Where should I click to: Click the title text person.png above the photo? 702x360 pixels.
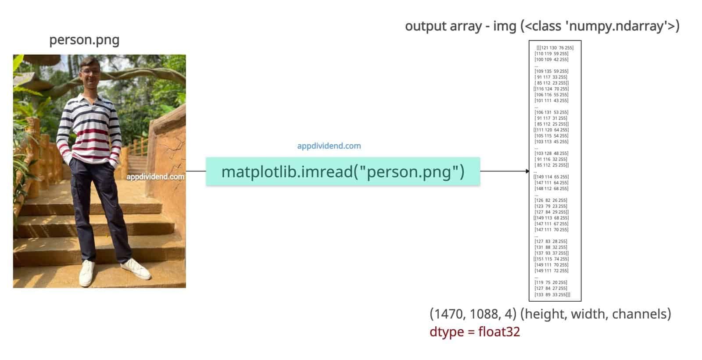84,40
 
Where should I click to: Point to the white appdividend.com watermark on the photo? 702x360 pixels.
155,177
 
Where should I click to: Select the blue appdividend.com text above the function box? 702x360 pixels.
329,146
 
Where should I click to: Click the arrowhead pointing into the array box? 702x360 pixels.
527,171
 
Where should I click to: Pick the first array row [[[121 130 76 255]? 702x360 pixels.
555,48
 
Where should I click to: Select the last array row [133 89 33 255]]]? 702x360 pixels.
552,295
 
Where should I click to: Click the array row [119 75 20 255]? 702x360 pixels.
551,282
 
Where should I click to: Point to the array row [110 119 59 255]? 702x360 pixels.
551,53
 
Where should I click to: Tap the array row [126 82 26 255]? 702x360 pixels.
551,200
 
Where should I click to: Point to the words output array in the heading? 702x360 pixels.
443,26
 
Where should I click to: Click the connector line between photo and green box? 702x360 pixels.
196,171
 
